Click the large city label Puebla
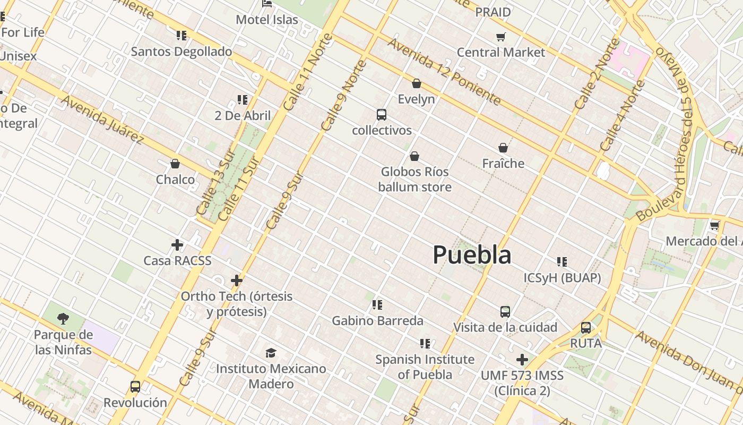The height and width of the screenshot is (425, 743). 472,255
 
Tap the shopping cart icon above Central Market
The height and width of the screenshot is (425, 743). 500,37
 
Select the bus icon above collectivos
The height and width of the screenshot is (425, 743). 381,115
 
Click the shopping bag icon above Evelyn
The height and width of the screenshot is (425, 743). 417,83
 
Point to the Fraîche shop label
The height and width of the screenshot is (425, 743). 503,164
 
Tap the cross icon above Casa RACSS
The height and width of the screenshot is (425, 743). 177,245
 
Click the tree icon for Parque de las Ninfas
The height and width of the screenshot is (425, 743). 63,319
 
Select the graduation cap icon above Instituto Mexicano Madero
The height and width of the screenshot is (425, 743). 271,353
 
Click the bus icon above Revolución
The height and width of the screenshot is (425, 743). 135,387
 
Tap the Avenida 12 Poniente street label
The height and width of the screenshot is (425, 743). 444,71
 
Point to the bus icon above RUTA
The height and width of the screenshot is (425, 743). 586,328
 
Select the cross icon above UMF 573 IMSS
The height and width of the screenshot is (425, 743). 522,360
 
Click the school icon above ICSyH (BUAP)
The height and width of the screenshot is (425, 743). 562,261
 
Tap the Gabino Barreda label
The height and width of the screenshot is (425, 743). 377,321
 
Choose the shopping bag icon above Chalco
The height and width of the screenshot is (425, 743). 175,164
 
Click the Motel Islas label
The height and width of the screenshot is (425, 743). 267,20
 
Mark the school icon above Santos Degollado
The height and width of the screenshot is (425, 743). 182,36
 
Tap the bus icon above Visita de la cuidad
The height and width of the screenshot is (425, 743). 505,312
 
